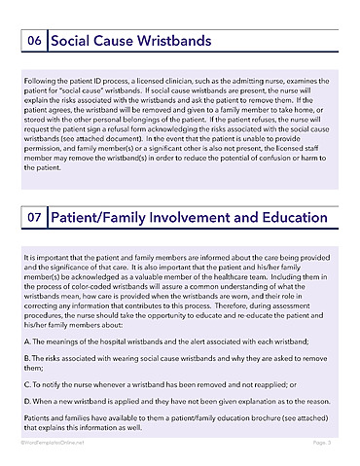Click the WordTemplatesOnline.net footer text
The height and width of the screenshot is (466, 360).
point(52,442)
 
